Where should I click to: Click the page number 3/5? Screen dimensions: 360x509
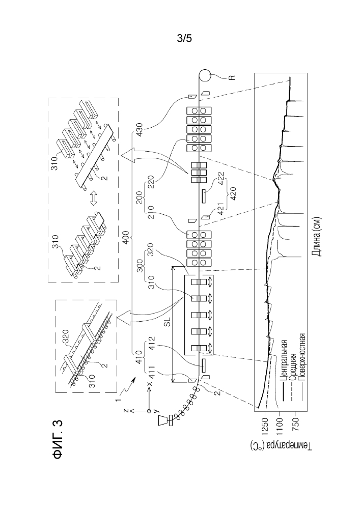tap(184, 39)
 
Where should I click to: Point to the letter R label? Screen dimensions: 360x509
tap(232, 77)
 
